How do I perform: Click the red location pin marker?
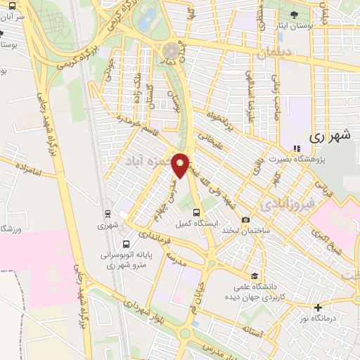[x=181, y=165]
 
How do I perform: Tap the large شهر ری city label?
[x=330, y=137]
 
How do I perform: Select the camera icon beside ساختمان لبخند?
[x=245, y=221]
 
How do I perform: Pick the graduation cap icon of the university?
[x=254, y=276]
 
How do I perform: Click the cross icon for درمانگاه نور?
[x=318, y=307]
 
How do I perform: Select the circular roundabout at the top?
[x=171, y=51]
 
